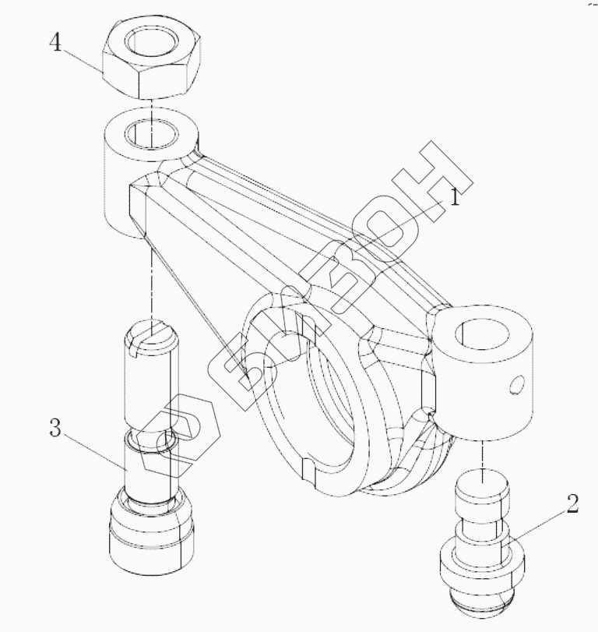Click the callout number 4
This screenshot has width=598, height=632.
coord(55,42)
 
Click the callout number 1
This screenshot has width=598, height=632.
coord(454,197)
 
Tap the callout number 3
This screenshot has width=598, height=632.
coord(55,428)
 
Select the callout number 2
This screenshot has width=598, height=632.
coord(572,503)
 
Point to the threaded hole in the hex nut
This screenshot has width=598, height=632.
coord(151,41)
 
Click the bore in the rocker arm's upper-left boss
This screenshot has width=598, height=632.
coord(151,134)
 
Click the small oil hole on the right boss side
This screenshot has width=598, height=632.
coord(517,384)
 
